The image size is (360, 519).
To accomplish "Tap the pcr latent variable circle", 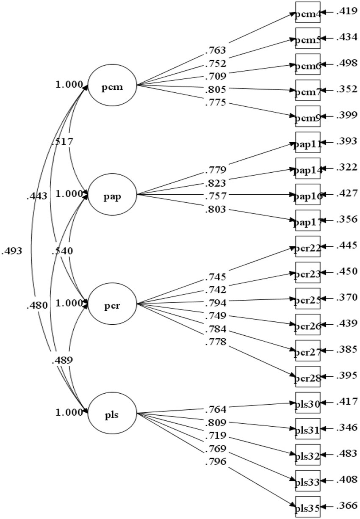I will pyautogui.click(x=112, y=304).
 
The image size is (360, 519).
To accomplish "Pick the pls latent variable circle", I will pyautogui.click(x=112, y=412).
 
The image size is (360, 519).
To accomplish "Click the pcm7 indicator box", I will pyautogui.click(x=308, y=90).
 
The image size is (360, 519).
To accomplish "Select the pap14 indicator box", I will pyautogui.click(x=308, y=169).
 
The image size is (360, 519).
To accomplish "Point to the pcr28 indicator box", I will pyautogui.click(x=308, y=376).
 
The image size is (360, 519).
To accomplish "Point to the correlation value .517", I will pyautogui.click(x=62, y=142).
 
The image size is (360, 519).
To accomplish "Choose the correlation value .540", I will pyautogui.click(x=62, y=251).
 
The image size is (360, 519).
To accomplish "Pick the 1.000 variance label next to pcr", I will pyautogui.click(x=69, y=303).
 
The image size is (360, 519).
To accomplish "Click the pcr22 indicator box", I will pyautogui.click(x=308, y=247).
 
